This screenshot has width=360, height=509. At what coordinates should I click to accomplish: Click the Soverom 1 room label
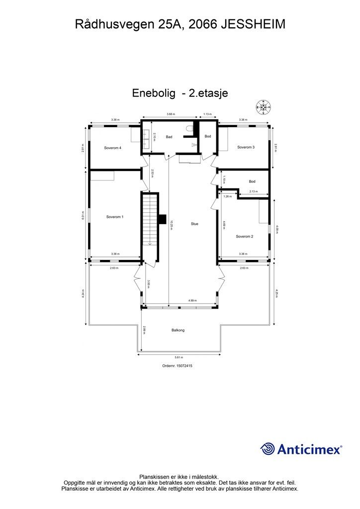tap(115, 217)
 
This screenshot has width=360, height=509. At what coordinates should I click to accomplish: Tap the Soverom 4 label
tap(113, 148)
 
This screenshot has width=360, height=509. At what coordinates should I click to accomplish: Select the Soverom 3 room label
tap(246, 147)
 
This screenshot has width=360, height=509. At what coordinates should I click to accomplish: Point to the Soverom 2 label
tap(245, 236)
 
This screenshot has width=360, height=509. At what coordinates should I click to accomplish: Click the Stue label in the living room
tap(194, 224)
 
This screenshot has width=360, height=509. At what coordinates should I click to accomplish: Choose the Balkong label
tap(179, 330)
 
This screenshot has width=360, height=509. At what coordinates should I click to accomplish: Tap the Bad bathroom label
tap(169, 137)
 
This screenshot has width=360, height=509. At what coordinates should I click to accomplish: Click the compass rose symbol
tap(263, 106)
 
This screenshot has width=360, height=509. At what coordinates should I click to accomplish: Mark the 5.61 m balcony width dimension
tap(179, 357)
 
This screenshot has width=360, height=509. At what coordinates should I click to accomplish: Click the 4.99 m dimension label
tap(192, 301)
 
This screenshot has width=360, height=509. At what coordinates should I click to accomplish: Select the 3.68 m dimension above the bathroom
tap(171, 114)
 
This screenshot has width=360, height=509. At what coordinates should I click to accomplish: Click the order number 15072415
tap(178, 366)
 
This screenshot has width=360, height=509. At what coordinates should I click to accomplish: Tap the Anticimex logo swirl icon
tap(268, 449)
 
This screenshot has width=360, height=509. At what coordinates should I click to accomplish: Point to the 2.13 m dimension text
tap(253, 192)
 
